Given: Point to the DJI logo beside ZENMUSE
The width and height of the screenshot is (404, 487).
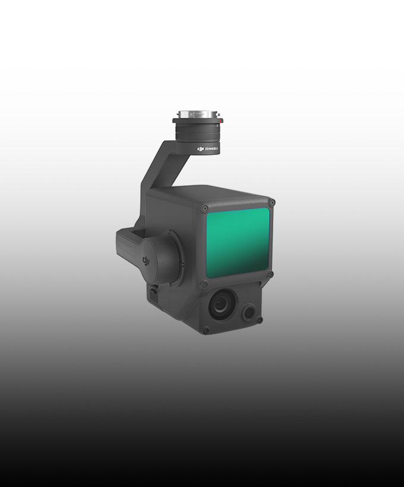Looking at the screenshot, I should pyautogui.click(x=200, y=148).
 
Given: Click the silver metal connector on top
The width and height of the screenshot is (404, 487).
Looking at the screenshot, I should pyautogui.click(x=197, y=113).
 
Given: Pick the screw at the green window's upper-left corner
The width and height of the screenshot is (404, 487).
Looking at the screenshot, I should pyautogui.click(x=205, y=208).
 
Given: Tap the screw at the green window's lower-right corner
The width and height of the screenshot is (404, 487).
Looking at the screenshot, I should pyautogui.click(x=271, y=274).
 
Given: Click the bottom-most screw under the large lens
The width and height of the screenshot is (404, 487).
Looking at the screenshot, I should pyautogui.click(x=206, y=330).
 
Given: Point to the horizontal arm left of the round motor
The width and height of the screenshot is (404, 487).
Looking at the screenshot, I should pyautogui.click(x=128, y=243).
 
